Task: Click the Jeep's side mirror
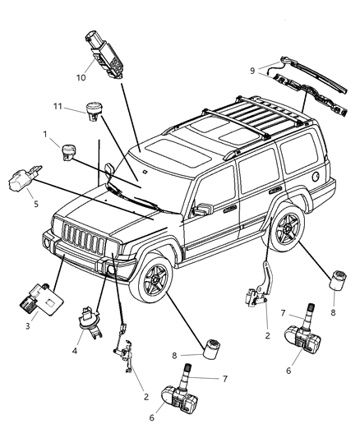pyautogui.click(x=198, y=211)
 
